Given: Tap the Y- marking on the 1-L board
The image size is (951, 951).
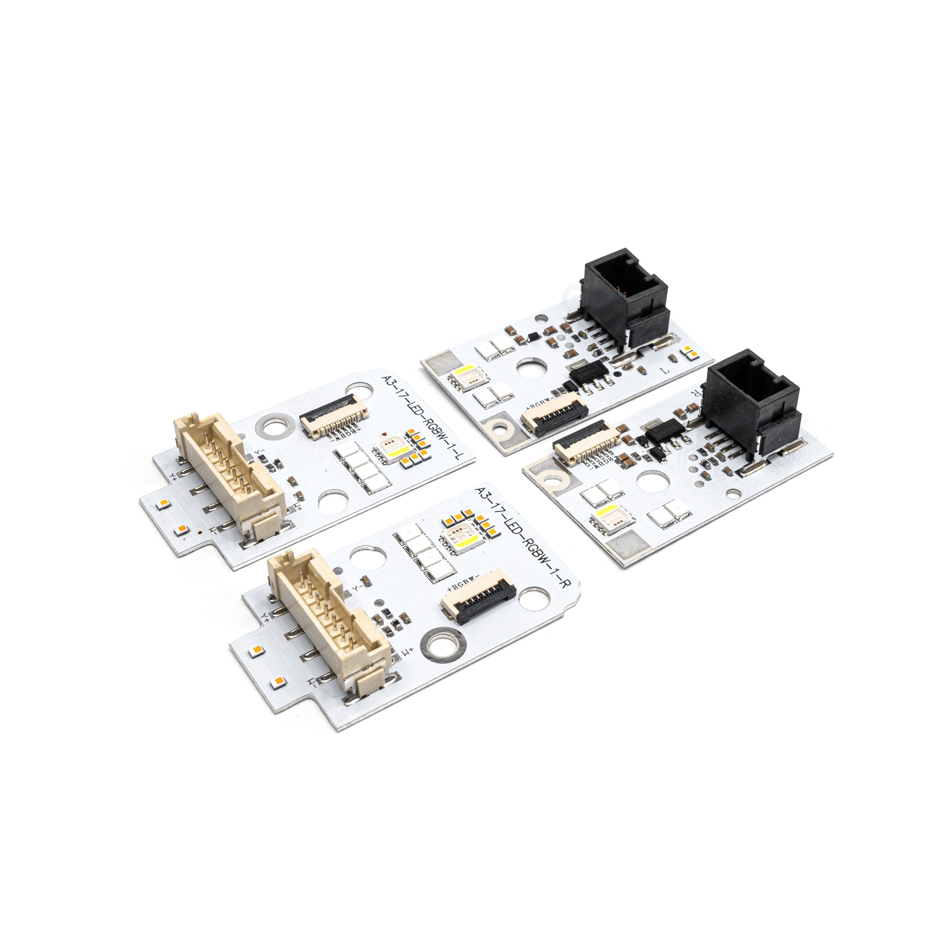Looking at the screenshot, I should [260, 450].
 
